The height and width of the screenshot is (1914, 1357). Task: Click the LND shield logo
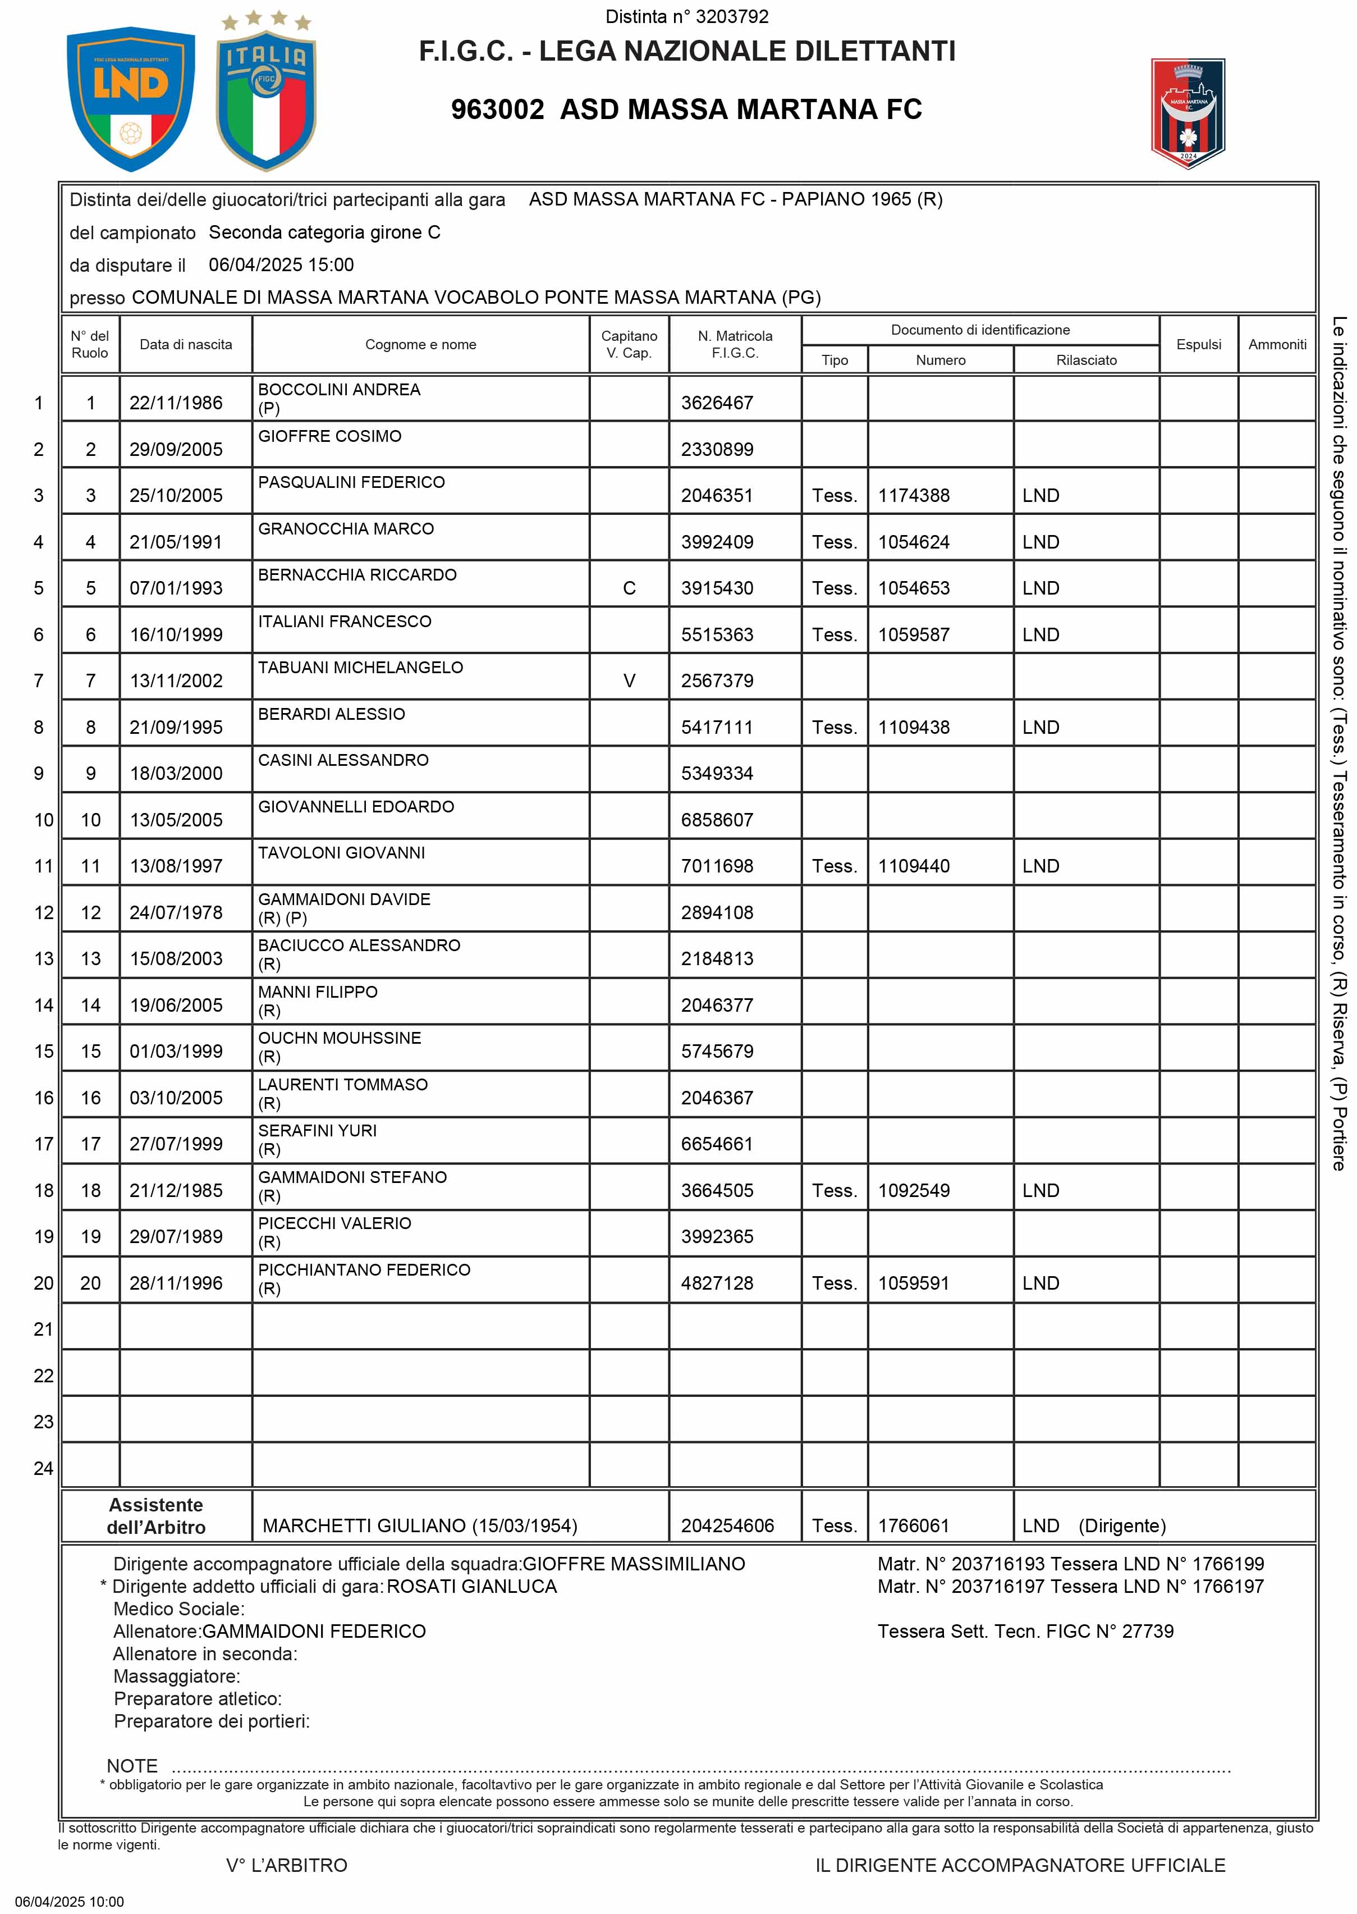click(x=130, y=97)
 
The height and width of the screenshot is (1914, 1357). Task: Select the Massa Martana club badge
click(x=1188, y=113)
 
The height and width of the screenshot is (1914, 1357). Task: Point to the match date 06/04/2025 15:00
click(x=282, y=265)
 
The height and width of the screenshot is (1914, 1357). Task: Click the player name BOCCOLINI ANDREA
click(x=338, y=390)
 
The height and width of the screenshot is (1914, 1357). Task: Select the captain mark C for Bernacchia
click(x=629, y=588)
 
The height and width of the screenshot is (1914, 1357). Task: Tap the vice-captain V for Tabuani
click(x=629, y=681)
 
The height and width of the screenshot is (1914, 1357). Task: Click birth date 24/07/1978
click(x=176, y=913)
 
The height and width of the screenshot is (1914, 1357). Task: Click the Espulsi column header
click(x=1198, y=344)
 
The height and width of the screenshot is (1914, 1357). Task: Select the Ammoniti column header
click(x=1277, y=344)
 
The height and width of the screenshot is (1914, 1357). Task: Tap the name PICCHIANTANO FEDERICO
click(x=364, y=1269)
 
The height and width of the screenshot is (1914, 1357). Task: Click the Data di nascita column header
click(x=186, y=344)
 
